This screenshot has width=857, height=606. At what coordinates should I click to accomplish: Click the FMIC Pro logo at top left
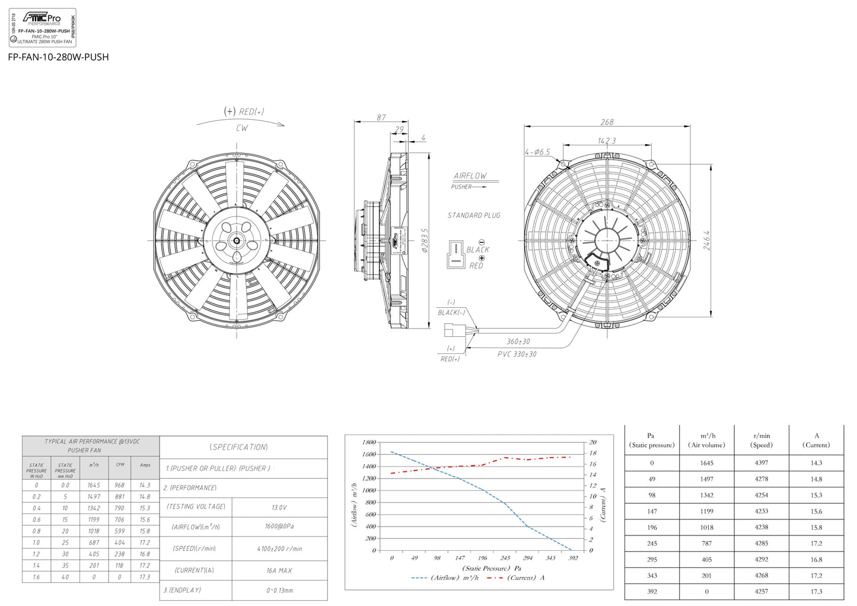pos(42,18)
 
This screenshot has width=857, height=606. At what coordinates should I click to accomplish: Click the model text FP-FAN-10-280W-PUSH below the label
pos(58,57)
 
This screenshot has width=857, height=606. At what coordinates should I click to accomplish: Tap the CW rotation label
pos(242,128)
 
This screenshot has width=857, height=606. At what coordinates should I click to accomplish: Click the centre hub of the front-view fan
pos(237,240)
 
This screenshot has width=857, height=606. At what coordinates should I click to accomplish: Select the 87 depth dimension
pos(381,117)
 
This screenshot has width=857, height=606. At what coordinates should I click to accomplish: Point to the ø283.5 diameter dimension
pos(425,240)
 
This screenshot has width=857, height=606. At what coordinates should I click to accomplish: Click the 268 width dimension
pos(607,122)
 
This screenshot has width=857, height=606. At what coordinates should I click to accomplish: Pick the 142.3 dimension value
pos(606,141)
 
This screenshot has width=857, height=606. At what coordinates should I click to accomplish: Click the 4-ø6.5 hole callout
pos(537,152)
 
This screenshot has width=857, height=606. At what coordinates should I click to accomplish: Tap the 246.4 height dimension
pos(707,240)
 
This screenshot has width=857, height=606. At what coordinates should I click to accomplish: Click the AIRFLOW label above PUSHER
pos(470,176)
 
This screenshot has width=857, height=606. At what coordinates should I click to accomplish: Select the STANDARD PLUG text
pos(474,215)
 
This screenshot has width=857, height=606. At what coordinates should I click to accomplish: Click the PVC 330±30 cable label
pos(517,354)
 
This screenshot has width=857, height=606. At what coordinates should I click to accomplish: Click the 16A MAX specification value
pos(279,570)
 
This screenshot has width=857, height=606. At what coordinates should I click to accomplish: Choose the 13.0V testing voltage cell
pos(279,508)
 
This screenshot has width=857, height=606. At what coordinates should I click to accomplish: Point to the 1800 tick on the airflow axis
pos(368,442)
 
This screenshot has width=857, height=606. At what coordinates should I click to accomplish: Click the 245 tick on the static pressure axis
pos(505,558)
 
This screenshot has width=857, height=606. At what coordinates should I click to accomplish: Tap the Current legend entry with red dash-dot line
pos(516,578)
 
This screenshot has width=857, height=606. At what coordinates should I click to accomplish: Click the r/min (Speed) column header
pos(762,440)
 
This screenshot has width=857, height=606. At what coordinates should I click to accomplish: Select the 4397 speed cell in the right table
pos(762,463)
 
